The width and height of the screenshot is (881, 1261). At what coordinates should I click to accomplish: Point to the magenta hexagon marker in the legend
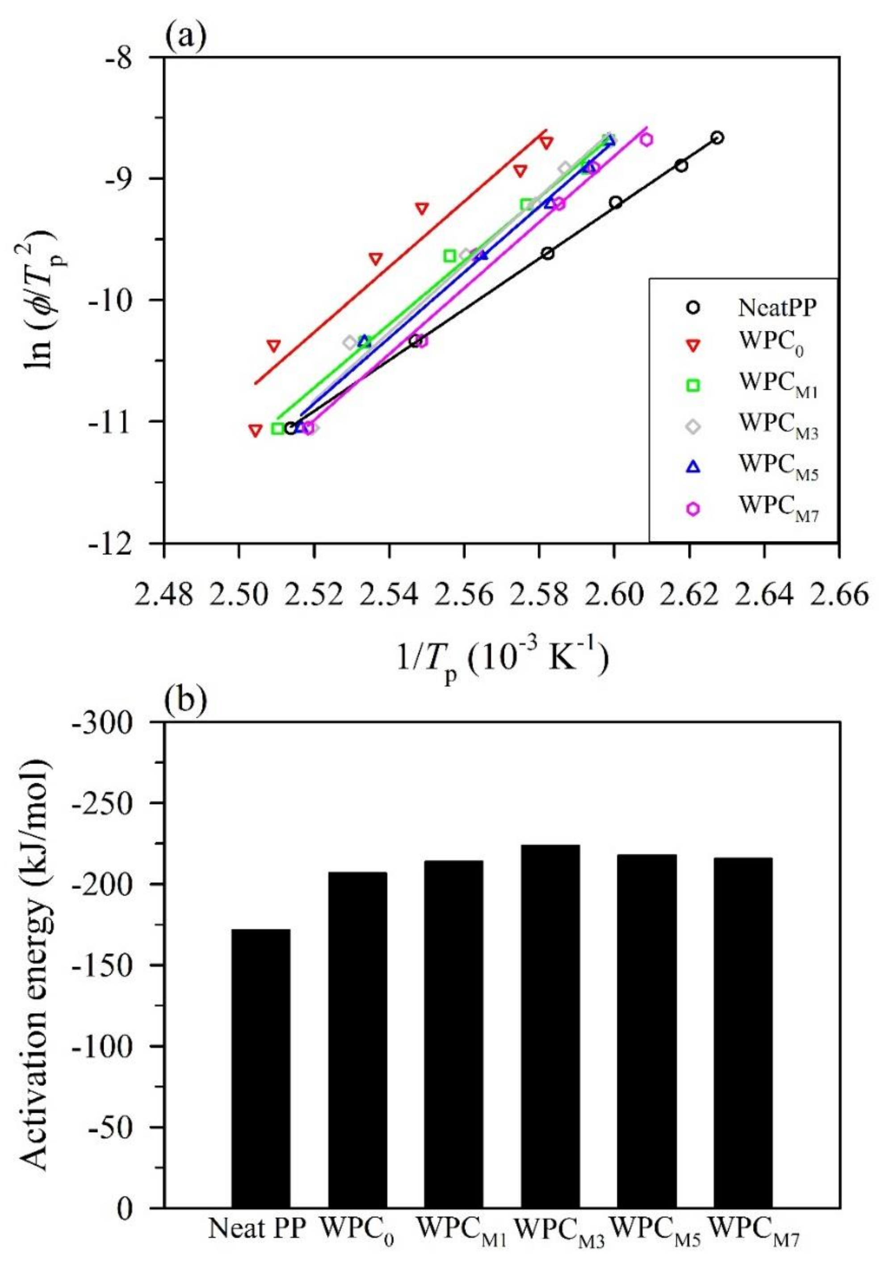pos(694,509)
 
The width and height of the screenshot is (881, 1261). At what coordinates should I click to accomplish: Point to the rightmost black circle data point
pos(717,137)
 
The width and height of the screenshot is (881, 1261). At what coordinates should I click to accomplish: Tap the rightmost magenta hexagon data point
pos(646,139)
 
